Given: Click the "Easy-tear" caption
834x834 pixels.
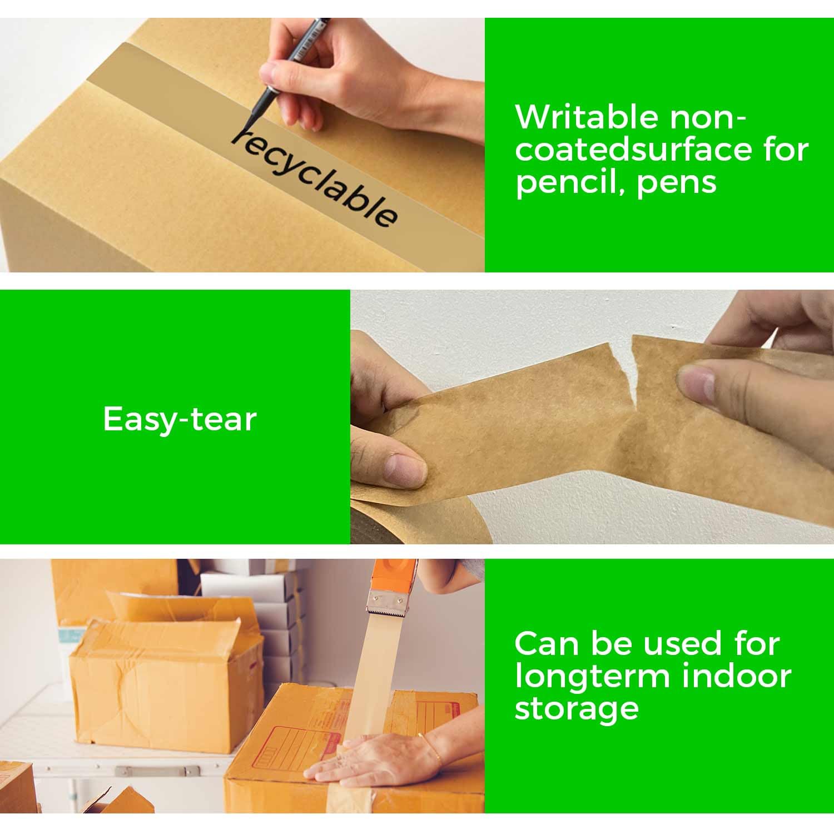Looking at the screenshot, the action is coord(180,419).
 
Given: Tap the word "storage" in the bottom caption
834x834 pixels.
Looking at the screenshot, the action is coord(577,708).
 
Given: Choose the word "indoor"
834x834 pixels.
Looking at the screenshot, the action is coord(736,676).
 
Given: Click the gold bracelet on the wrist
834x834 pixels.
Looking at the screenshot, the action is coord(431,748).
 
